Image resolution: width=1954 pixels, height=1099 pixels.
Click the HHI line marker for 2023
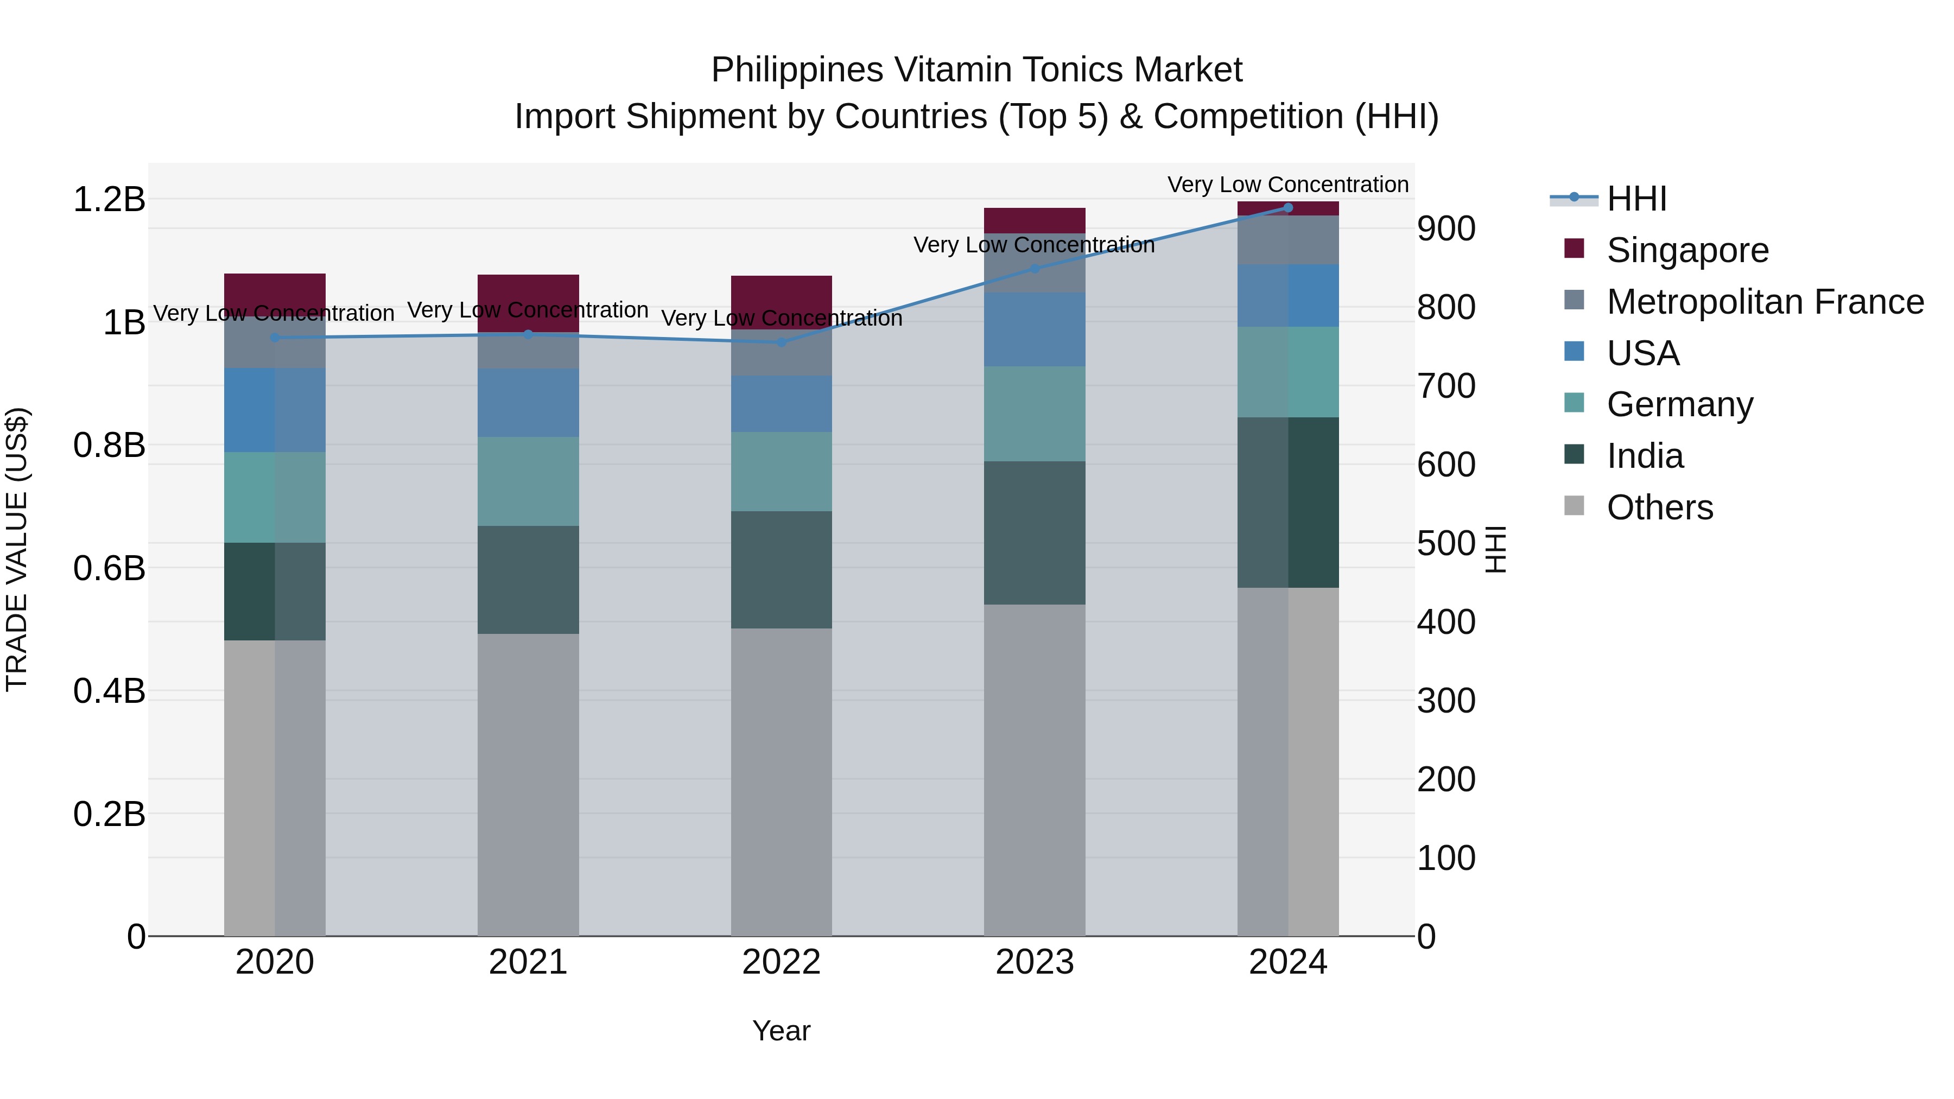pos(1035,269)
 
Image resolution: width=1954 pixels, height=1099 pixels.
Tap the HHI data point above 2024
pos(1288,208)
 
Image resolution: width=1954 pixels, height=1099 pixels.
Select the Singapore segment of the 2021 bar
pos(528,303)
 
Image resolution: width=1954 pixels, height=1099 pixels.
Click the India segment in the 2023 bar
pos(1035,532)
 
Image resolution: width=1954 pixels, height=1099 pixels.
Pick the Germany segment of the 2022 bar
pos(781,471)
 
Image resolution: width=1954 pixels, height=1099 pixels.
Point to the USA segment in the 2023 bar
pos(1035,329)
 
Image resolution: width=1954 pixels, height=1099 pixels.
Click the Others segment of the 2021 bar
pos(528,784)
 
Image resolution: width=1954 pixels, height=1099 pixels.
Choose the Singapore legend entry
pos(1687,250)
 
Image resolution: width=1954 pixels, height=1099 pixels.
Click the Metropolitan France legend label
pos(1765,302)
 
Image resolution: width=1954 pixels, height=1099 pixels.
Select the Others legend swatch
pos(1574,506)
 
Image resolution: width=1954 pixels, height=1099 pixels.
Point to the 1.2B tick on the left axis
pos(109,200)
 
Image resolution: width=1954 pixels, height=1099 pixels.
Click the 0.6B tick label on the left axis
pos(109,568)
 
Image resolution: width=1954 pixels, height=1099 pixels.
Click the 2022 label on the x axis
pos(781,962)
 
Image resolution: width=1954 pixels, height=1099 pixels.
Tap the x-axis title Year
pos(781,1031)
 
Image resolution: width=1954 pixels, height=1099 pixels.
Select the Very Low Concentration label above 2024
pos(1287,185)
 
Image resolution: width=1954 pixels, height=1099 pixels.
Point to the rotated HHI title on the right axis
pos(1494,549)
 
